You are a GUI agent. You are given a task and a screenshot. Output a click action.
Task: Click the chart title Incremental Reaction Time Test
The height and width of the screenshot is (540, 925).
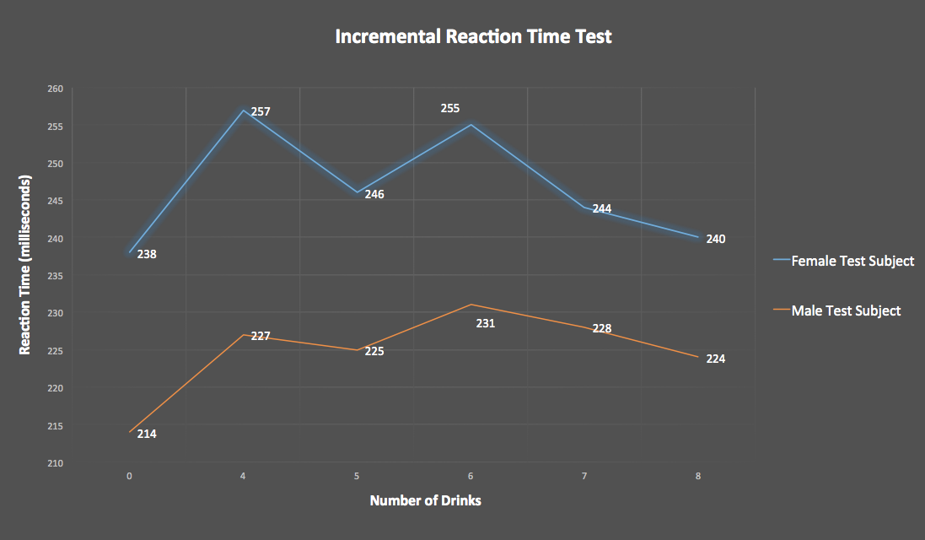(473, 37)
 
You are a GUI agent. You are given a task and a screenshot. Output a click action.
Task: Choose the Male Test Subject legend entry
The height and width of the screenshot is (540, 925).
(846, 310)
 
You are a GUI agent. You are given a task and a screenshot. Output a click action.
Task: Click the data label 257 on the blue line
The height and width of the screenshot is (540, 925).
(260, 111)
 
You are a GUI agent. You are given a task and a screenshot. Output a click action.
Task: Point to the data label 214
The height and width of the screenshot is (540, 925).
(147, 434)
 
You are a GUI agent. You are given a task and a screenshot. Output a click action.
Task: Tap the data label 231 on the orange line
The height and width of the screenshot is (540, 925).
(486, 323)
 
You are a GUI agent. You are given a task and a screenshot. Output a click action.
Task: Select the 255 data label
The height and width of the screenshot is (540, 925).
(450, 108)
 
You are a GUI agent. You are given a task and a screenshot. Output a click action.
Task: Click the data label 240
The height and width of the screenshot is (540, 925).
(716, 239)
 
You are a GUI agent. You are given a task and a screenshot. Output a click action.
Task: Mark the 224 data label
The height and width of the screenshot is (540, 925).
(716, 359)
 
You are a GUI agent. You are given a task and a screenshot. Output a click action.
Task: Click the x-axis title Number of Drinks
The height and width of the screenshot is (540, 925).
(426, 500)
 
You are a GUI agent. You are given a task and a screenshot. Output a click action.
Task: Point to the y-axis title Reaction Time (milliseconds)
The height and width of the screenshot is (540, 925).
(25, 265)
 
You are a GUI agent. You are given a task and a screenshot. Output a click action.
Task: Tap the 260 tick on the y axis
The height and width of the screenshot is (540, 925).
(55, 89)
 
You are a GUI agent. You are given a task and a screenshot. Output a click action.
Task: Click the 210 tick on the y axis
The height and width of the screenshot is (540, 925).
(55, 463)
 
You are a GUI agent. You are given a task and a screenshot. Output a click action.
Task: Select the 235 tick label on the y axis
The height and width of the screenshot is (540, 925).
(55, 276)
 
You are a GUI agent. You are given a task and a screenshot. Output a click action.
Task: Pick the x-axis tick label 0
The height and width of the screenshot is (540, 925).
(129, 476)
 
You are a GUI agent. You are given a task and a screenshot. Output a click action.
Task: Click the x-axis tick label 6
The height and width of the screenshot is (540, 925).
(471, 476)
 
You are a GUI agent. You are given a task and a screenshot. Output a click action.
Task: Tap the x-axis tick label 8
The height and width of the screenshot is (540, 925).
(698, 476)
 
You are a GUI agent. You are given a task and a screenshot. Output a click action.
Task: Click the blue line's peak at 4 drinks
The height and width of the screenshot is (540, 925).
(244, 111)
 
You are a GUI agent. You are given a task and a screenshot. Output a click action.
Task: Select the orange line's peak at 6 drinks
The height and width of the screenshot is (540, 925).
(471, 305)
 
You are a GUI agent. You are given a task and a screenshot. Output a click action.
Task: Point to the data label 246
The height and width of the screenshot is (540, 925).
(374, 194)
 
